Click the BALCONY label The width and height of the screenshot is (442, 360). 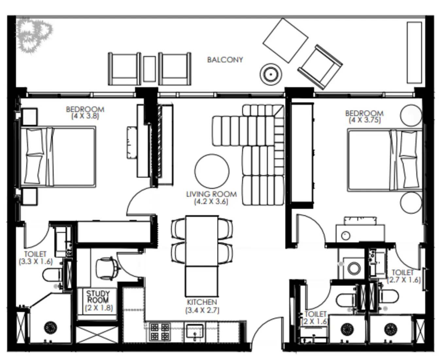coord(225,60)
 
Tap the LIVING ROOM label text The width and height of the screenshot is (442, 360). coord(211,194)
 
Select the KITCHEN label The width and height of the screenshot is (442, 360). coord(202,302)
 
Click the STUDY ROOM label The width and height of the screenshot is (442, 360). coord(98,297)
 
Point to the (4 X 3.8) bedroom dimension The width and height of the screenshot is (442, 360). coord(85,116)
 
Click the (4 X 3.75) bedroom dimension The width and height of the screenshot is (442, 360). coord(365,120)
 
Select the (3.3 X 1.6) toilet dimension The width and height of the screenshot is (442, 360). coord(36,261)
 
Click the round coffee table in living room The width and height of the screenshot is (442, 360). coord(212,171)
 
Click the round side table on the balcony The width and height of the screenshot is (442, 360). coord(271,74)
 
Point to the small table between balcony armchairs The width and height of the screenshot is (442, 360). coord(149,69)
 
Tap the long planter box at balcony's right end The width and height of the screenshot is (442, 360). coord(414,52)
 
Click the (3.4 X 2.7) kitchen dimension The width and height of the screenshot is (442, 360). coord(202,310)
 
